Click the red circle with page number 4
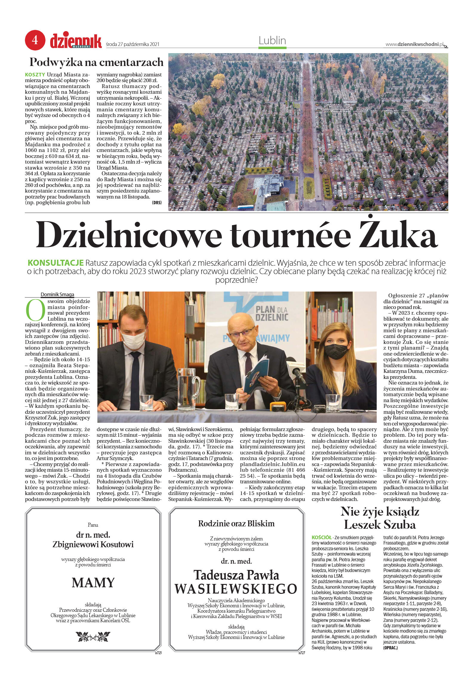click(35, 40)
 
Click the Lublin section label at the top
click(272, 40)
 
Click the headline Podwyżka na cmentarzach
click(96, 62)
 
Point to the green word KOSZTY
click(35, 74)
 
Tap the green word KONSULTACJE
click(55, 263)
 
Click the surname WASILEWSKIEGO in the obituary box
click(236, 588)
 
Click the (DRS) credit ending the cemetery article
click(156, 202)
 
